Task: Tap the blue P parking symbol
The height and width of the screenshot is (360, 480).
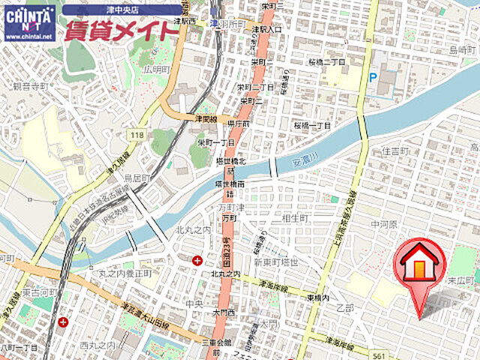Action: coord(373,77)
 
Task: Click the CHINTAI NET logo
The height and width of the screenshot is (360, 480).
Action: coord(28,22)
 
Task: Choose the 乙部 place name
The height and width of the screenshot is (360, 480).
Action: coord(345,308)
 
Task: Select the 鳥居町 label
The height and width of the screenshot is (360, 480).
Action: coord(137,178)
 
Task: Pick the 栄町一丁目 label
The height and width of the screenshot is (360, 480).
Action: coord(217,142)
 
